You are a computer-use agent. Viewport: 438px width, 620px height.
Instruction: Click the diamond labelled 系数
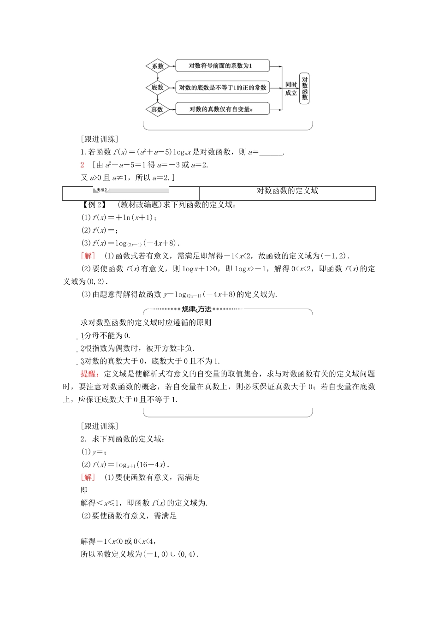158,66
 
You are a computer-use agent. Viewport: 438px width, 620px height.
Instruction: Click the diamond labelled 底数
158,88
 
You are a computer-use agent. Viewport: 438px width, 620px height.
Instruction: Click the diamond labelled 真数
158,109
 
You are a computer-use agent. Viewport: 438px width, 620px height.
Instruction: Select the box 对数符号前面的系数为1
222,66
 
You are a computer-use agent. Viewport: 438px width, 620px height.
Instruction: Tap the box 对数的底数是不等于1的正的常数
222,88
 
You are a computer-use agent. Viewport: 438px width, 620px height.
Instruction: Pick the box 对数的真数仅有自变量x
222,109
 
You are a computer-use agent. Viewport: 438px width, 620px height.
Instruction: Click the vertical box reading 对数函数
304,88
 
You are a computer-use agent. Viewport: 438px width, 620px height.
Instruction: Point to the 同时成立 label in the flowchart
291,89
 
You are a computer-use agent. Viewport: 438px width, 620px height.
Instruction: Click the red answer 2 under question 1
82,165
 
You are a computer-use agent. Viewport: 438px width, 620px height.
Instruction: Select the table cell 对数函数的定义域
287,191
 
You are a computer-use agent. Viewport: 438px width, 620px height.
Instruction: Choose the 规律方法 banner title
196,309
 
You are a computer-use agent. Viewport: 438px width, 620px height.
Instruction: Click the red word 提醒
88,374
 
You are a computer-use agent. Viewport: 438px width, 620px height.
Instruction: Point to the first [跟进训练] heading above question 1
99,139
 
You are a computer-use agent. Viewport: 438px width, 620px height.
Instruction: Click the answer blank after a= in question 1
271,153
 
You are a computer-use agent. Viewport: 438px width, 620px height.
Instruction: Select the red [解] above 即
88,477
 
